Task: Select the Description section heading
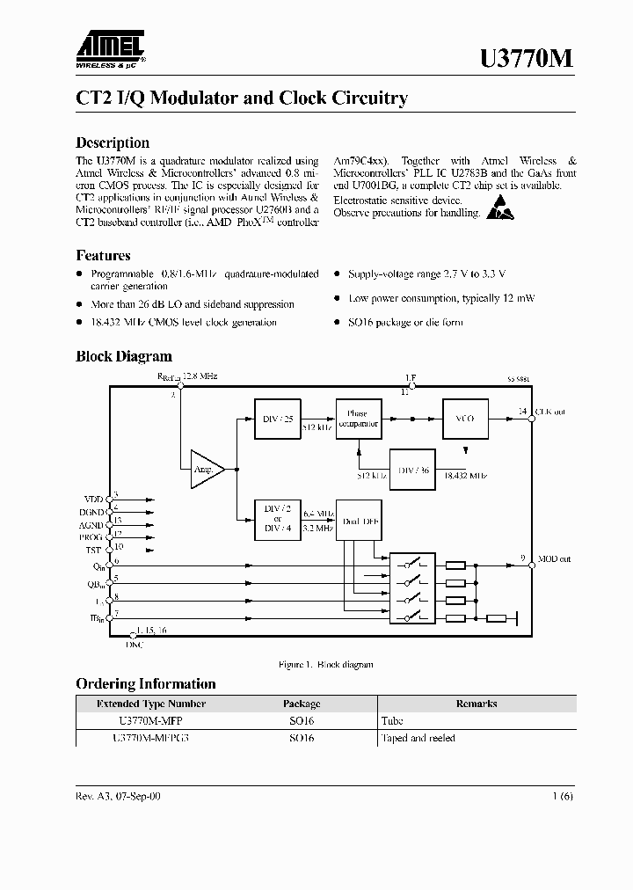coord(113,142)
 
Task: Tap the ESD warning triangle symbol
coord(499,208)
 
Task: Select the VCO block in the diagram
coord(464,419)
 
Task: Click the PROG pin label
coord(91,536)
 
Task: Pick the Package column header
coord(302,704)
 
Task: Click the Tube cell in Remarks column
coord(392,720)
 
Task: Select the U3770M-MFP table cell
coord(150,720)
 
